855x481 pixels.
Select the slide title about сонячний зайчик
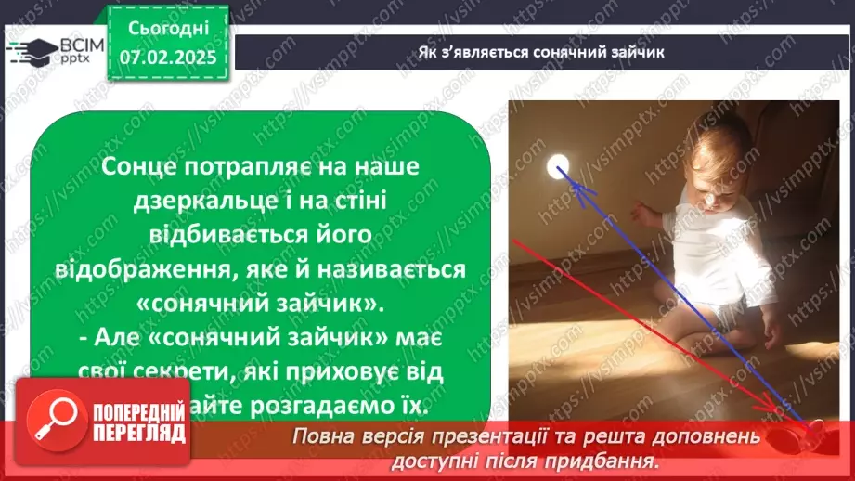(x=539, y=51)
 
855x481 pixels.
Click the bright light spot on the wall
(x=558, y=166)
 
